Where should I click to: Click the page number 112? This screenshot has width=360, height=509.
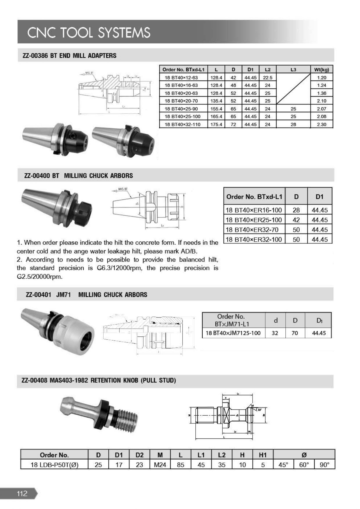22,493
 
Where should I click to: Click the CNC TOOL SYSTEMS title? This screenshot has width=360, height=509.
89,33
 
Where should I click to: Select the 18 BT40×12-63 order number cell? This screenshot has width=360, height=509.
181,77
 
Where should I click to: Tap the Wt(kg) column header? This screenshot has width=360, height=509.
322,70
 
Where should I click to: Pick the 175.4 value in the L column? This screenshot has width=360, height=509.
216,124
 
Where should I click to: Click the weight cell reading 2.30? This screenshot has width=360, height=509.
322,124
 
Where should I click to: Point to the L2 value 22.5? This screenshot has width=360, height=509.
267,77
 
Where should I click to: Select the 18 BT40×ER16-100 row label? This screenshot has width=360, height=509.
254,210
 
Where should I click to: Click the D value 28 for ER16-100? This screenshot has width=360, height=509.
296,210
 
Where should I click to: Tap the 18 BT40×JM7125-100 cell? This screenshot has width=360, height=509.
233,333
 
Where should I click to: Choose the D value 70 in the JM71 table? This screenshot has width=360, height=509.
295,333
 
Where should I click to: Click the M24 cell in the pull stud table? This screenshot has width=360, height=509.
160,465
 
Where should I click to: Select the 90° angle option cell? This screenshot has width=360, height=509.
325,465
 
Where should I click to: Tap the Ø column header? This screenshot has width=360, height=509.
304,455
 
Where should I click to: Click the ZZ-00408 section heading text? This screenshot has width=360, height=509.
99,380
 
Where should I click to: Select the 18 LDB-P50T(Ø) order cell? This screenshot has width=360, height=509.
54,465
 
